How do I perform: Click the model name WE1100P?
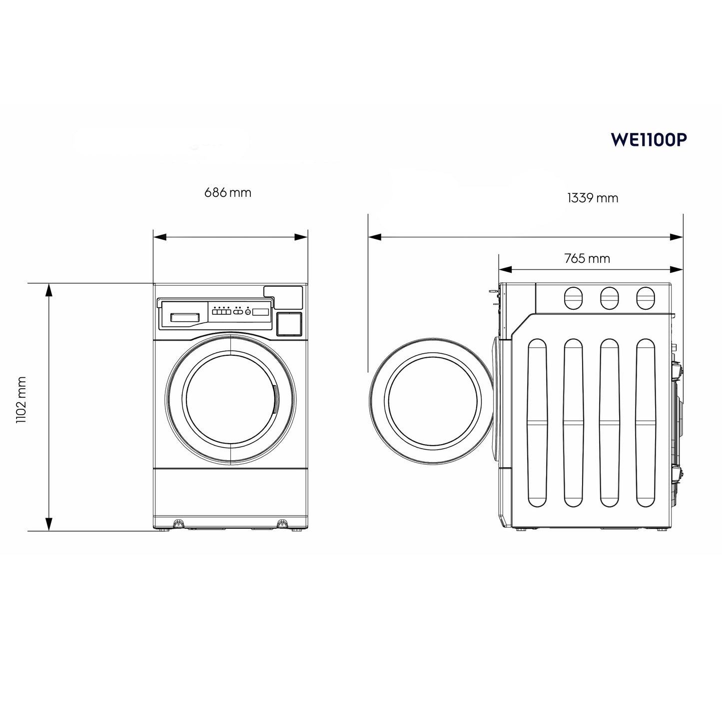(x=649, y=140)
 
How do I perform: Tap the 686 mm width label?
(x=228, y=193)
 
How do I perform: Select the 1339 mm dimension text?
(x=593, y=198)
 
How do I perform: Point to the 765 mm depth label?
(x=587, y=259)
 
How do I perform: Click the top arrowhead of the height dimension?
(x=49, y=289)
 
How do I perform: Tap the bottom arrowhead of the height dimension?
(x=49, y=524)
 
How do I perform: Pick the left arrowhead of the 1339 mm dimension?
(x=375, y=237)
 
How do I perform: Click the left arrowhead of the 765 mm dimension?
(x=505, y=270)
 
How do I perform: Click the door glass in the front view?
(x=230, y=400)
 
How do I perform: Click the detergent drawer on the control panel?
(x=185, y=317)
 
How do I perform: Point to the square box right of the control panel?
(x=289, y=323)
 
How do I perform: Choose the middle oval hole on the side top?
(x=609, y=298)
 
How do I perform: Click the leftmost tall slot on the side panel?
(x=537, y=423)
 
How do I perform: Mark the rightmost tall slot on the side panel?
(x=645, y=423)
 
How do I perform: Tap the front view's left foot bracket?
(x=177, y=524)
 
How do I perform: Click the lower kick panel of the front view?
(x=230, y=495)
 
